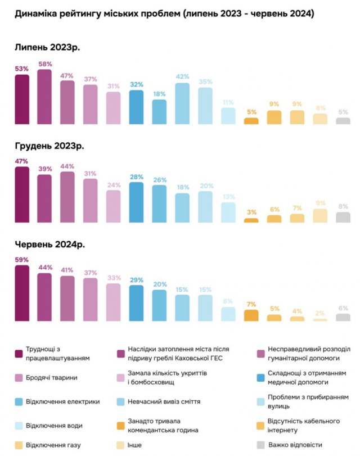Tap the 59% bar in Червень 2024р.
pyautogui.click(x=21, y=293)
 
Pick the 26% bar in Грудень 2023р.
pyautogui.click(x=159, y=204)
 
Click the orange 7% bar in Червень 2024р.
pyautogui.click(x=251, y=315)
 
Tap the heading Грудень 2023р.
pyautogui.click(x=49, y=146)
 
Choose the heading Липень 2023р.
pyautogui.click(x=47, y=47)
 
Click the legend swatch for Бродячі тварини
pyautogui.click(x=20, y=377)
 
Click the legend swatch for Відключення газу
pyautogui.click(x=20, y=445)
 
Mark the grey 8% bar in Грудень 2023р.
pyautogui.click(x=343, y=217)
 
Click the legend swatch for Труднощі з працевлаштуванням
pyautogui.click(x=20, y=353)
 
